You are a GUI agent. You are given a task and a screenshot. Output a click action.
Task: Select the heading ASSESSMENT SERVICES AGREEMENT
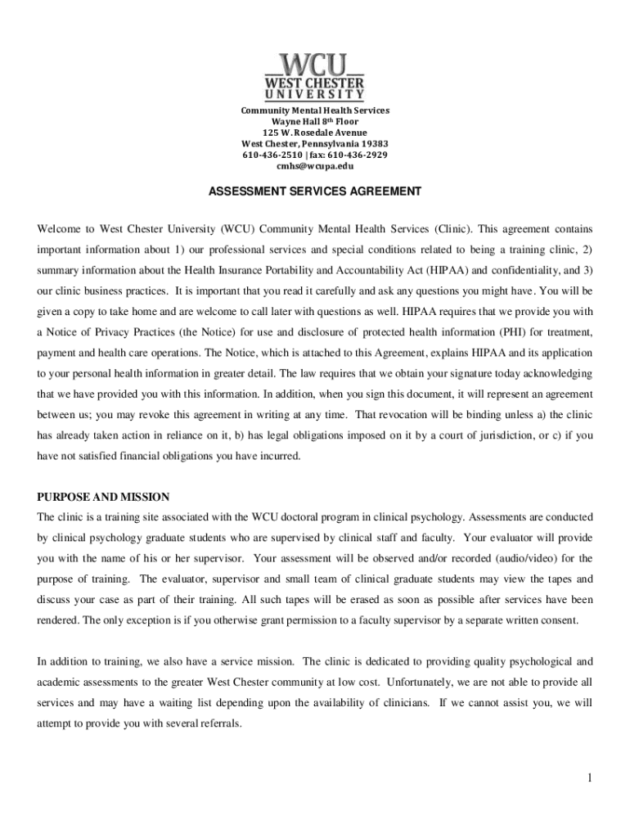(314, 191)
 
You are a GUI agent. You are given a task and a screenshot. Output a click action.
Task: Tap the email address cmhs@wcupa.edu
(314, 166)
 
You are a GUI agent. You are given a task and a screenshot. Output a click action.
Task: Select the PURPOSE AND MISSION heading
(103, 497)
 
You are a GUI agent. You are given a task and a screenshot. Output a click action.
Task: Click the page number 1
(587, 777)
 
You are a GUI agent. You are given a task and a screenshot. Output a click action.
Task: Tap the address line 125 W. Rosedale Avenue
(314, 133)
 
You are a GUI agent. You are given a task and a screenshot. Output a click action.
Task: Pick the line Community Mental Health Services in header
(314, 110)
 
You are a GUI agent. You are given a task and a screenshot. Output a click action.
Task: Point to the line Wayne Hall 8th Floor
(314, 121)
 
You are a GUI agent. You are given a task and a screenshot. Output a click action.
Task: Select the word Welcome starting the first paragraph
(60, 228)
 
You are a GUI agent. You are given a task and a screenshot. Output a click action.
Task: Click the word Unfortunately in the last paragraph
(424, 682)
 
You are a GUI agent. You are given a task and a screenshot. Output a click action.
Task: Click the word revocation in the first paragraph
(405, 415)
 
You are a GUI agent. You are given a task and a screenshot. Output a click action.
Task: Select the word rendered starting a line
(58, 619)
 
